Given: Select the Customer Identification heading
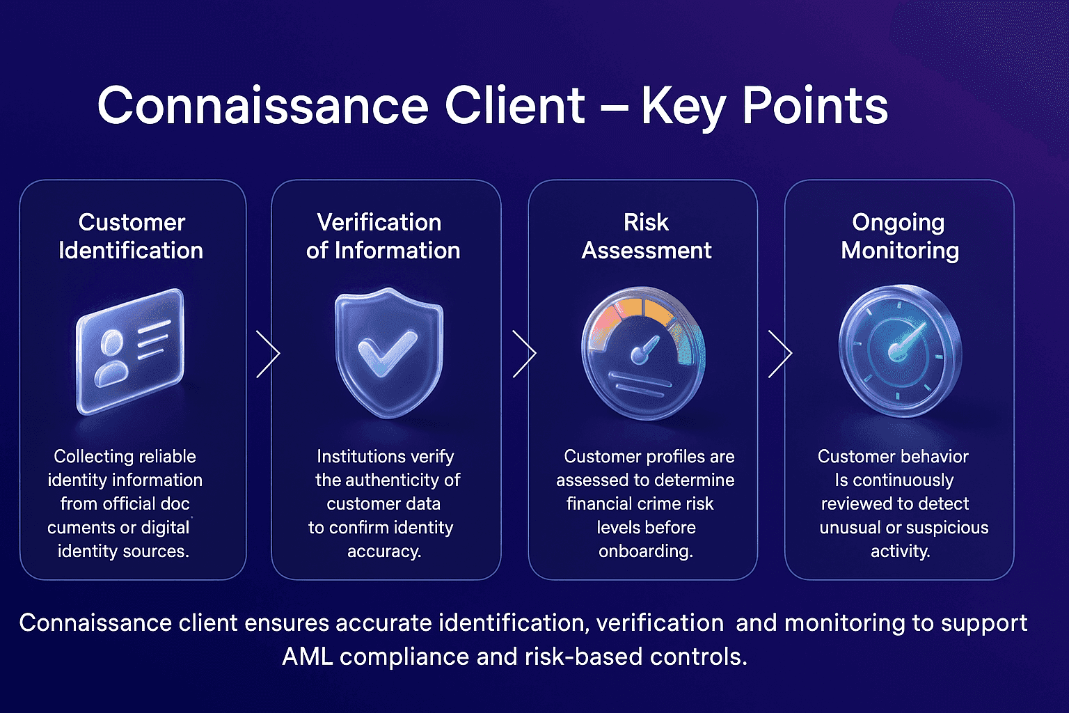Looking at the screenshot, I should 131,236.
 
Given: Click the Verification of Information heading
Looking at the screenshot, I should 383,236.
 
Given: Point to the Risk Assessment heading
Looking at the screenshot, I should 646,236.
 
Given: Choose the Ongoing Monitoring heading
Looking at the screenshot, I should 899,236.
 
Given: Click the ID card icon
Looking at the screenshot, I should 131,352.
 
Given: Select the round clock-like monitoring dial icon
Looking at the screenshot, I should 899,350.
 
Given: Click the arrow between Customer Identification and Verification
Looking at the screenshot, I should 268,354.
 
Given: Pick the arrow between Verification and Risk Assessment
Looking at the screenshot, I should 524,354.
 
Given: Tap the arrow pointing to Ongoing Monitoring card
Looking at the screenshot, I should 780,354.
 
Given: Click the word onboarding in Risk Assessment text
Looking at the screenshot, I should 644,551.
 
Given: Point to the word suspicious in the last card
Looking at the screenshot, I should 946,527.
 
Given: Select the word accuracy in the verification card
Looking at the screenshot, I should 383,551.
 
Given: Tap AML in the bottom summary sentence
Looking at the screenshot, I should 307,656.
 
